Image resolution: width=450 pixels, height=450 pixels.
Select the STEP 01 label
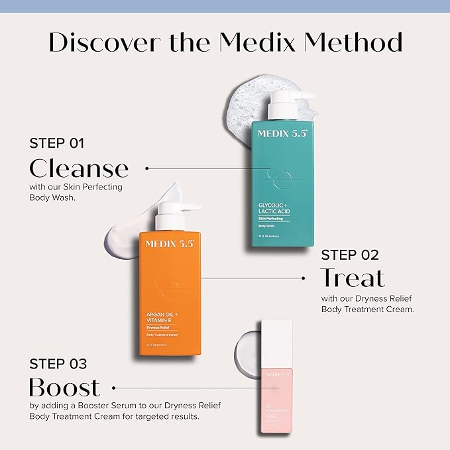(57, 142)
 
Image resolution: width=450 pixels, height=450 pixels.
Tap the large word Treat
(352, 278)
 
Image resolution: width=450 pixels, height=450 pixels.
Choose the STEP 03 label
(57, 363)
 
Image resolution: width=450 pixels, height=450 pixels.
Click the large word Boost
(64, 387)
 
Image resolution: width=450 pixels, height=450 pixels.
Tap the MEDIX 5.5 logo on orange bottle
(170, 243)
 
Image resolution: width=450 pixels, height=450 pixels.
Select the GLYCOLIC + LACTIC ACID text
(274, 207)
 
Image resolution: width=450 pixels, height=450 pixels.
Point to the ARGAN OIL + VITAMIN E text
(161, 319)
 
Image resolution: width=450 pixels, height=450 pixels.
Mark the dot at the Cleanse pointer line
(147, 168)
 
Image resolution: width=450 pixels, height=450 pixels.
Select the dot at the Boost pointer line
(114, 388)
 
